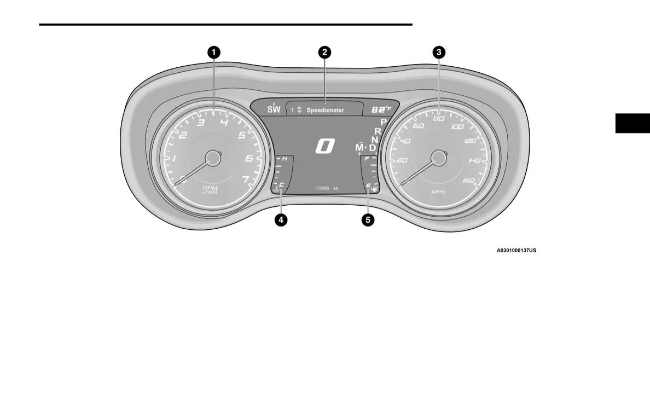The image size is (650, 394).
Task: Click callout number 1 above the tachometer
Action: coord(213,53)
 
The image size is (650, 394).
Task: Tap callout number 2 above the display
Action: coord(324,53)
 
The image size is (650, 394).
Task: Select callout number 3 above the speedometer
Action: coord(438,53)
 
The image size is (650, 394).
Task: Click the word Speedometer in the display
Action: coord(326,110)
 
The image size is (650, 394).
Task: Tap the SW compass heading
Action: coord(274,109)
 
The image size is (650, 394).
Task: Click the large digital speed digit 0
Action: coord(325,146)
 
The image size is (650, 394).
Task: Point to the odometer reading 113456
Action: coord(322,188)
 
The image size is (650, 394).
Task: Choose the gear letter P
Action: coord(384,121)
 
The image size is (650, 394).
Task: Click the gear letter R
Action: coord(378,131)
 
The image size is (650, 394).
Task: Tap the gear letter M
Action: coord(359,148)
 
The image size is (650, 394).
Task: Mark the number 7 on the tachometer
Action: coord(246,179)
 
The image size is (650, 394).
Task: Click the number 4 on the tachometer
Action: coord(224,123)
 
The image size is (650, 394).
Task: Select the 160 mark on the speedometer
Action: coord(468,180)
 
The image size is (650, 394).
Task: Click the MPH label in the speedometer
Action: coord(438,192)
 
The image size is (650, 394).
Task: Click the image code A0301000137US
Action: coord(516,251)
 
